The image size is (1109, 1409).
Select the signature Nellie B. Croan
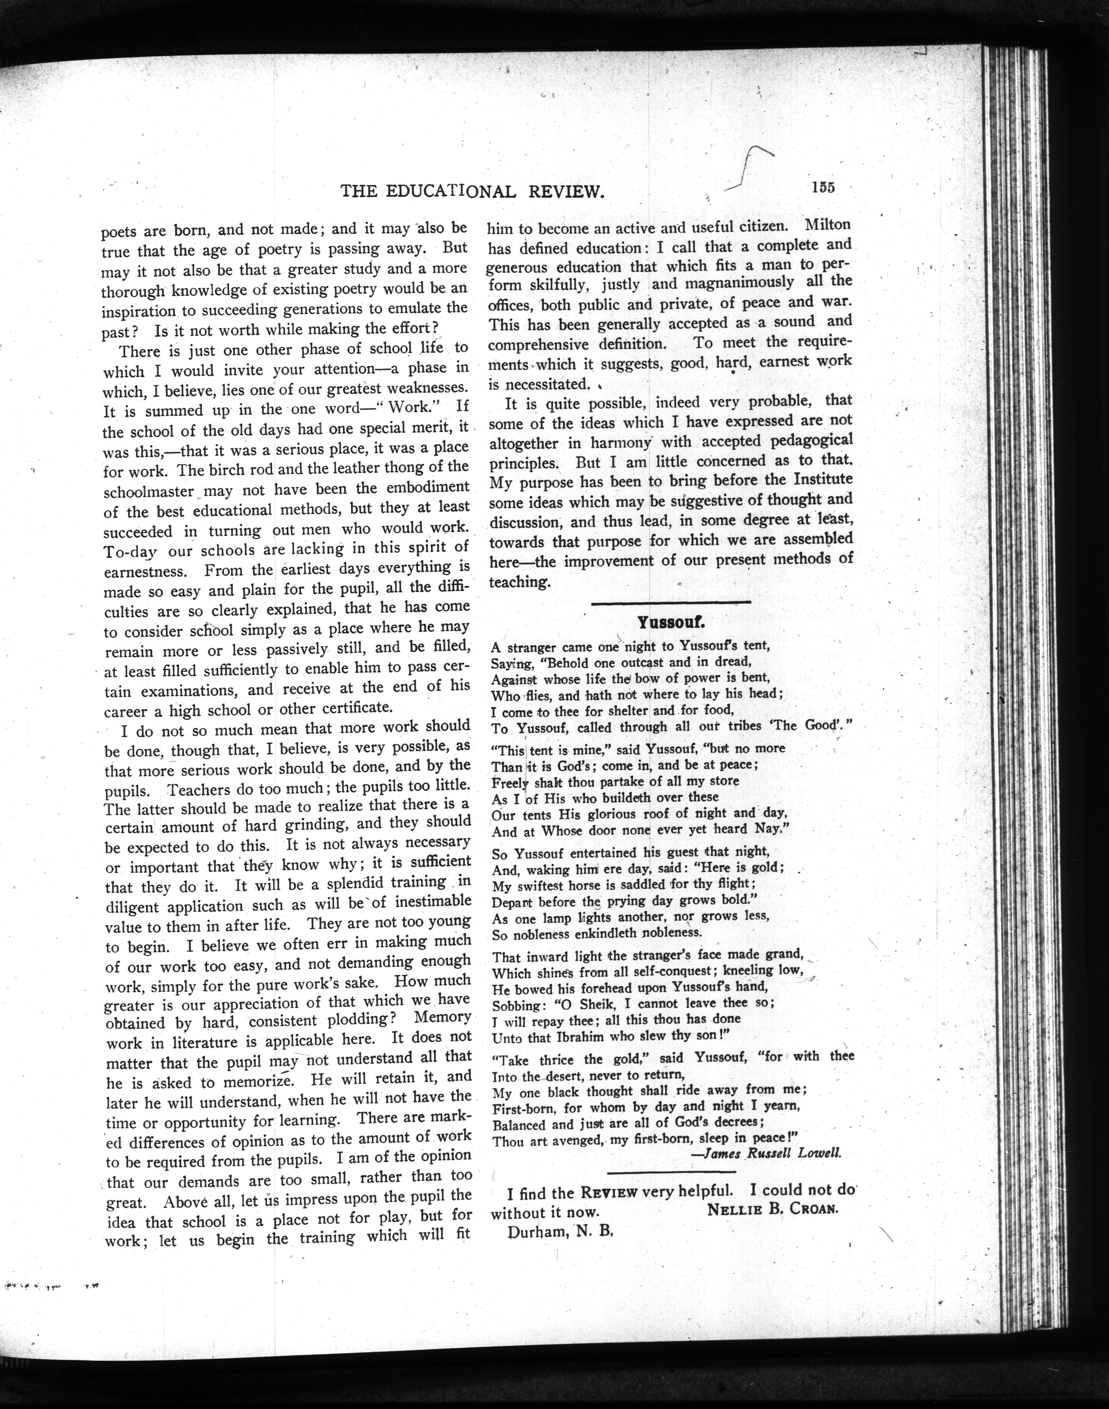click(773, 1210)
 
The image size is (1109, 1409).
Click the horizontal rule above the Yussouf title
click(671, 603)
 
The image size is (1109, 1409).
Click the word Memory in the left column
click(442, 1017)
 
